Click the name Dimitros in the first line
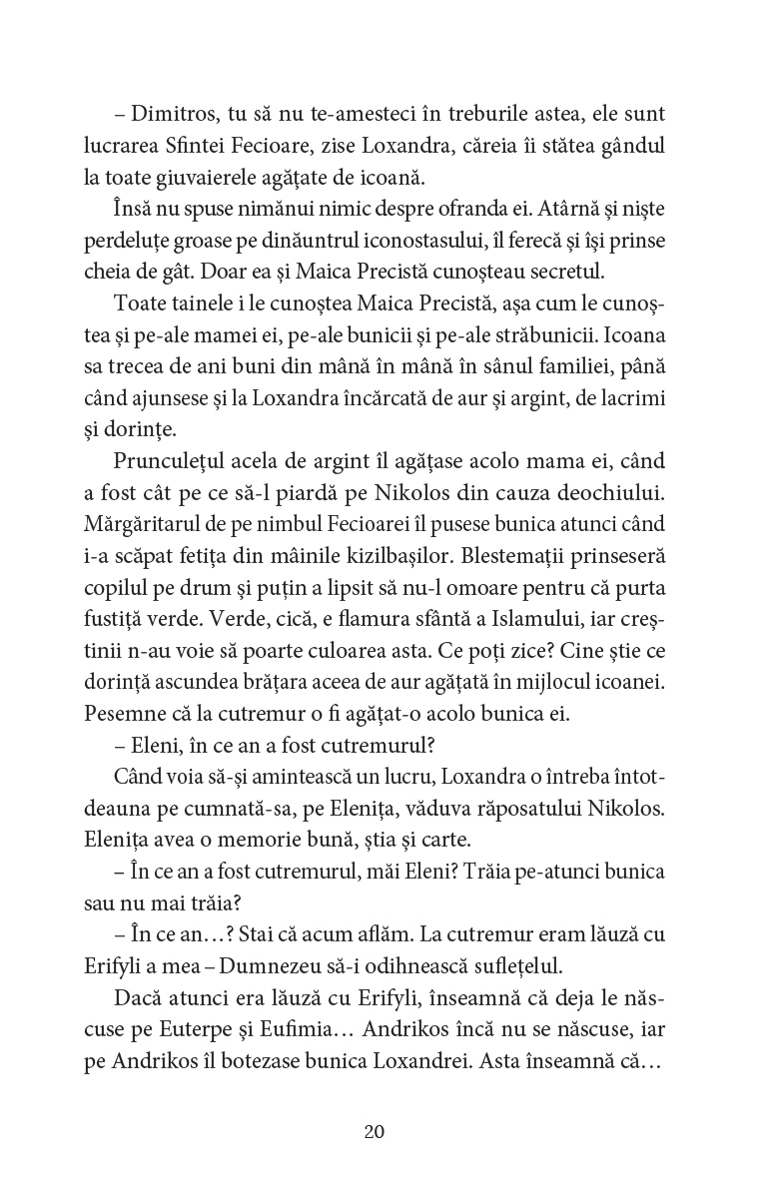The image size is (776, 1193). (x=166, y=114)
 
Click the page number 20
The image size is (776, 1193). (x=375, y=1132)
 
